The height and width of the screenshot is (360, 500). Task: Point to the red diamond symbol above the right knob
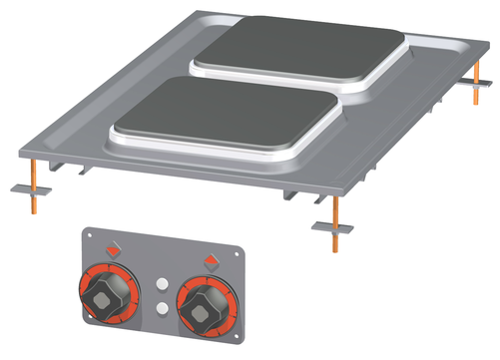213,262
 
